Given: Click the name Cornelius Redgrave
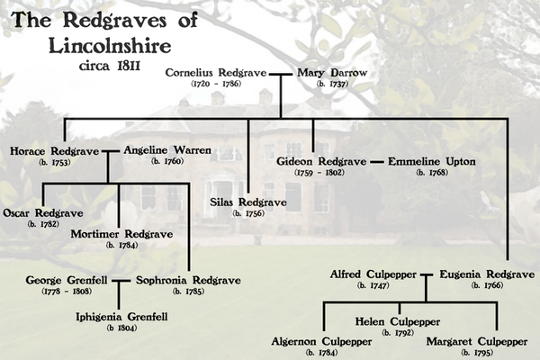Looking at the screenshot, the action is [216, 73].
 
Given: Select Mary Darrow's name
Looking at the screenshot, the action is [332, 73].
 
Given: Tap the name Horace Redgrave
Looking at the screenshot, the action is [54, 151].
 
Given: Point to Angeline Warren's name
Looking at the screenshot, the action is [167, 150].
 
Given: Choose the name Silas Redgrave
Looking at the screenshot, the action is [248, 202].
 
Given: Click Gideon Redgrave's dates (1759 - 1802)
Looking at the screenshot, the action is [319, 173].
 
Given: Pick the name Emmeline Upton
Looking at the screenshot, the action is [432, 162].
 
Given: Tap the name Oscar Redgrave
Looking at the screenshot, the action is [43, 213].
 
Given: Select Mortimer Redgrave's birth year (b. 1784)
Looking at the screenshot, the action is [121, 246].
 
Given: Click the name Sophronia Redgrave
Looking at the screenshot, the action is [188, 281].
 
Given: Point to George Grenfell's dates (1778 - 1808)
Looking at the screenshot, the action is [67, 292].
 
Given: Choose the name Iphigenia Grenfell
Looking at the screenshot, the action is [121, 317].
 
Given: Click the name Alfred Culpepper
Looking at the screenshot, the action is [373, 274].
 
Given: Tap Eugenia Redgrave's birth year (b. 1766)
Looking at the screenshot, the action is [487, 285].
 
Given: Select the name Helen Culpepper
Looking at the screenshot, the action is [398, 322].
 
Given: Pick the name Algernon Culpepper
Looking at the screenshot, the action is [321, 342].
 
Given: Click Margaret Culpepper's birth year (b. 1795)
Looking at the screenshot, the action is [477, 353].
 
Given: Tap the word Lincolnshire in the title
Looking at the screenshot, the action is [110, 46].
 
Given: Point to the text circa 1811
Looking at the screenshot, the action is [110, 66].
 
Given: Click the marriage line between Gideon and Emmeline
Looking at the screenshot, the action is [377, 162].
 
